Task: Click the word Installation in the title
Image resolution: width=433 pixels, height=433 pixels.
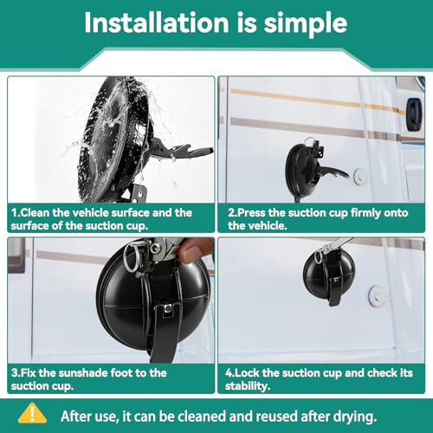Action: click(x=157, y=23)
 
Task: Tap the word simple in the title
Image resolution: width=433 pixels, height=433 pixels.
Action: click(x=306, y=24)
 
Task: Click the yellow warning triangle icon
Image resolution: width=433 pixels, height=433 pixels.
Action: click(x=32, y=413)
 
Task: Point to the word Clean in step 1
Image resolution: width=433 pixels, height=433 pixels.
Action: click(x=35, y=213)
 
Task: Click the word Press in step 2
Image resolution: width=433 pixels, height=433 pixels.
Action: click(x=251, y=213)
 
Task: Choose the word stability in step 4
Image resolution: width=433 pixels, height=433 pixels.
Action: click(x=248, y=386)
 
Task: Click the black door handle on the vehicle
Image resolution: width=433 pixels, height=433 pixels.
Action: click(x=414, y=113)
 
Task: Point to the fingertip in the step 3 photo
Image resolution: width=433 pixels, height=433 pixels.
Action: click(x=191, y=250)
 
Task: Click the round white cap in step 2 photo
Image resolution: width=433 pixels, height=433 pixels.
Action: click(x=360, y=175)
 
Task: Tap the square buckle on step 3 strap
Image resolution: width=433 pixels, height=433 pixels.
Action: click(x=168, y=309)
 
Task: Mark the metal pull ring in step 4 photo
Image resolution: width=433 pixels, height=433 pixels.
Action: click(x=318, y=257)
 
